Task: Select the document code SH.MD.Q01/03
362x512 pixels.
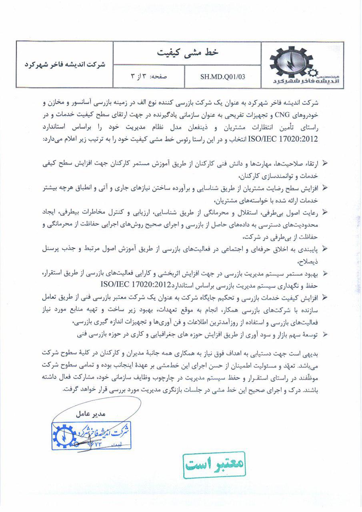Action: coord(222,77)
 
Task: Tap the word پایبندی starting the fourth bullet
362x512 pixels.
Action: coord(307,248)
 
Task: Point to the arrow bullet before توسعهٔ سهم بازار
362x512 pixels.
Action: coord(325,334)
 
